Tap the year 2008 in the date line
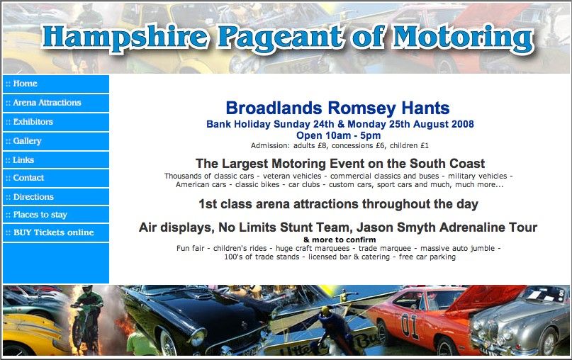click(x=462, y=124)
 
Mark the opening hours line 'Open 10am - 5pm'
click(x=338, y=135)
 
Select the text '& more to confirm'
click(x=340, y=240)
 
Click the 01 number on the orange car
click(x=410, y=325)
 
